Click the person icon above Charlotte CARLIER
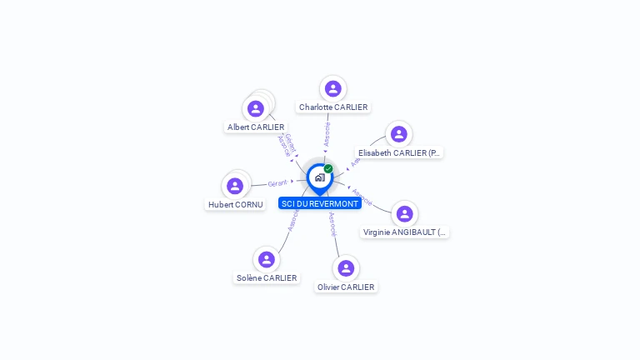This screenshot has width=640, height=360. [x=333, y=88]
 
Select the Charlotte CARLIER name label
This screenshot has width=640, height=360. [x=333, y=107]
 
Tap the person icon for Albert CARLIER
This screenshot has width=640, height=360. [x=256, y=108]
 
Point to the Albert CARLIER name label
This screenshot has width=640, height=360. [x=256, y=127]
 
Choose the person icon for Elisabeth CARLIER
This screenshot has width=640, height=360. [x=399, y=134]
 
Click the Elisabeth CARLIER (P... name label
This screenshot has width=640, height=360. [x=399, y=153]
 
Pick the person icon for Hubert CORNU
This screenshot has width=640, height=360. [x=235, y=186]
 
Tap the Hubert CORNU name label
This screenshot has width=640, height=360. [x=235, y=204]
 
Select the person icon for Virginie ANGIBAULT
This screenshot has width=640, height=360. [x=405, y=214]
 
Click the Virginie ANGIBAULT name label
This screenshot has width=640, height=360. [x=405, y=232]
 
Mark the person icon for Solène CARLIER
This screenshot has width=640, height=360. [x=266, y=259]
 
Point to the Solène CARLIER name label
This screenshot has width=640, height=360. [x=267, y=278]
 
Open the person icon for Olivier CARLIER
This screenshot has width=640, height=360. [x=346, y=268]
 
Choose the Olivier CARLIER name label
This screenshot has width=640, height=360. [x=346, y=287]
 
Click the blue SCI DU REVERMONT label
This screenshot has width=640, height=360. [x=320, y=203]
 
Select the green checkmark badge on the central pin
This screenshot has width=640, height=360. [x=328, y=169]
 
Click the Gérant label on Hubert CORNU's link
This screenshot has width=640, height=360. [x=277, y=183]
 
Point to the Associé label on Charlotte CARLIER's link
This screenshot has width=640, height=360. [x=327, y=133]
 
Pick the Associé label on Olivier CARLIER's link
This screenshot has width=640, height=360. [x=332, y=224]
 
